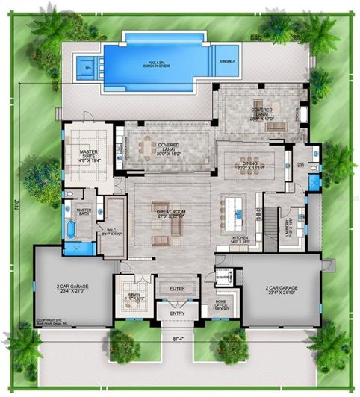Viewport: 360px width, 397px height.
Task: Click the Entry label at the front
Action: click(x=178, y=314)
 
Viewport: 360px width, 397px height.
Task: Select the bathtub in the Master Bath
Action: click(x=72, y=228)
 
